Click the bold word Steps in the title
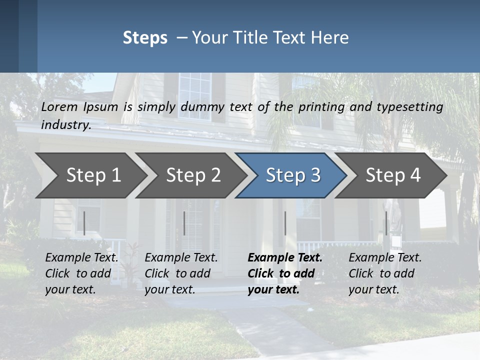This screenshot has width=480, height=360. pos(145,38)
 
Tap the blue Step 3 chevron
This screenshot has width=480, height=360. pos(292,175)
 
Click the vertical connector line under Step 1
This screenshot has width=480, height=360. pos(84,223)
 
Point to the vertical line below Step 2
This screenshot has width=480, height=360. pos(184,223)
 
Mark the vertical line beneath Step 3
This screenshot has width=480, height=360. pos(285,223)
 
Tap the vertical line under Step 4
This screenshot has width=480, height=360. pos(386,223)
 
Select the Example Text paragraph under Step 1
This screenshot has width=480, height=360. pos(81,273)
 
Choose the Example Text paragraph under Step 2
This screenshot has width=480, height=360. pos(180,273)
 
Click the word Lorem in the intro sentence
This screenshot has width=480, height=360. pos(59,107)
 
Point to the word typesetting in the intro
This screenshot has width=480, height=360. pos(409,107)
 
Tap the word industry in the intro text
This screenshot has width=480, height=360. pos(65,125)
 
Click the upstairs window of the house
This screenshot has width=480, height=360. pos(195,89)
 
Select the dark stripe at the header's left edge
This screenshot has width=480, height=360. pos(9,36)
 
